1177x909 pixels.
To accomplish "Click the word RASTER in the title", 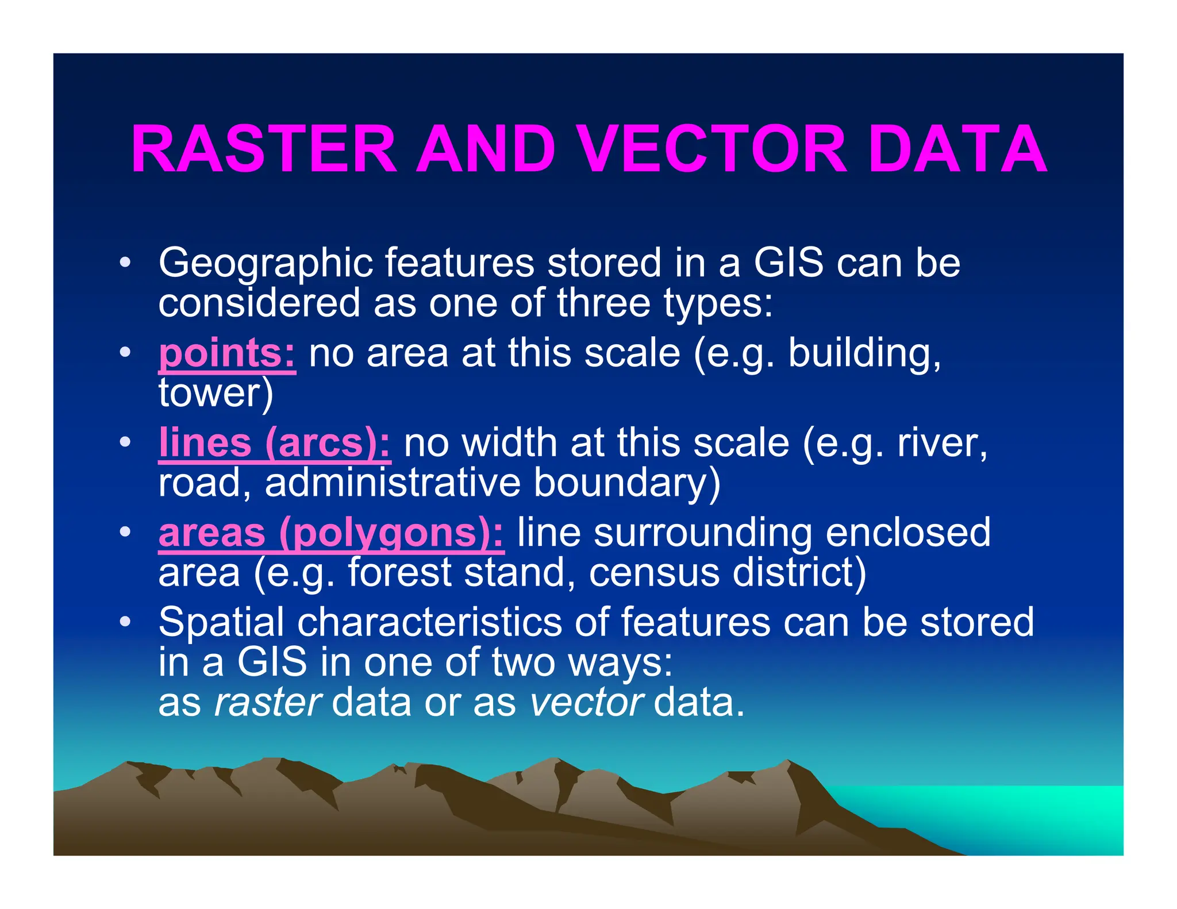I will click(264, 150).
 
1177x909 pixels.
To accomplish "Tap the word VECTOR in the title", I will click(711, 150).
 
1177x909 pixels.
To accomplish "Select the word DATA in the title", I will click(957, 150).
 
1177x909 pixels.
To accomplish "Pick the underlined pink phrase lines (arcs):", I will click(275, 443).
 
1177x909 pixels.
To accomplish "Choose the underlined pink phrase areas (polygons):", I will click(331, 533).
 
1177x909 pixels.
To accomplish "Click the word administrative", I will click(393, 483).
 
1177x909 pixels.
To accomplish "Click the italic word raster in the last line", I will click(267, 702).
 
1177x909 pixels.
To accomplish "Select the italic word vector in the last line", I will click(586, 702).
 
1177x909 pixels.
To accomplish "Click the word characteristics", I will click(429, 623).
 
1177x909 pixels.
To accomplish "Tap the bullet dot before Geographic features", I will click(125, 264).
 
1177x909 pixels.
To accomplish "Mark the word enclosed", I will click(908, 533).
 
